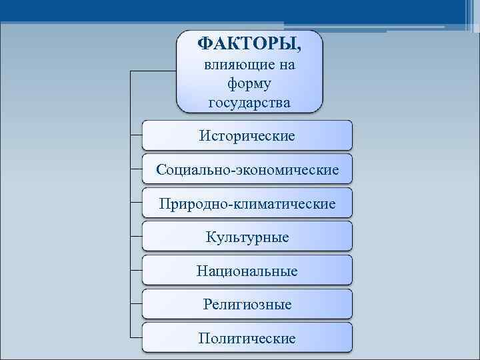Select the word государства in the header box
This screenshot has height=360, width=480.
[249, 103]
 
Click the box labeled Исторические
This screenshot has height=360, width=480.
[247, 135]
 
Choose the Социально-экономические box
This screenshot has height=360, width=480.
[247, 169]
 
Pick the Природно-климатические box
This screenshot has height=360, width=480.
[247, 203]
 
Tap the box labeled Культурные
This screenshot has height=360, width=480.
[247, 237]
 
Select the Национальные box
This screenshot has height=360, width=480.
[247, 271]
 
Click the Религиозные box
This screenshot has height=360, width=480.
[247, 304]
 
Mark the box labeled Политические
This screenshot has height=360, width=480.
[247, 338]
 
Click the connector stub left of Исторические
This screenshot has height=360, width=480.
[136, 135]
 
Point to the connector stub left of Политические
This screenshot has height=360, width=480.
[136, 338]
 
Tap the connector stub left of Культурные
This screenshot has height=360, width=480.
[136, 237]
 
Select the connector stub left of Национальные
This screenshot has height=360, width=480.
[136, 271]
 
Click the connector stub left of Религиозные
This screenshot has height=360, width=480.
[136, 304]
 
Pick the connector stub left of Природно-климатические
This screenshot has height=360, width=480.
[136, 203]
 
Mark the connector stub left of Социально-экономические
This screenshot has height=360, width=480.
[136, 169]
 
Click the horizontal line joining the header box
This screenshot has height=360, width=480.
[152, 70]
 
